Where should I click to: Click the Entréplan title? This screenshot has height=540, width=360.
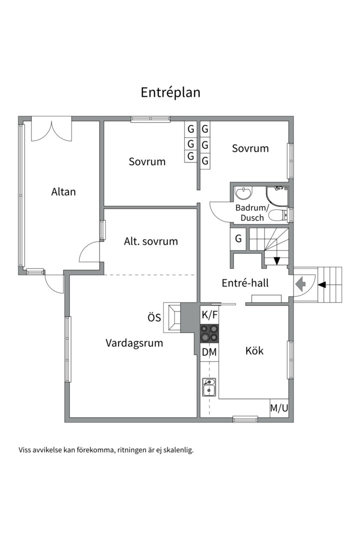click(x=170, y=92)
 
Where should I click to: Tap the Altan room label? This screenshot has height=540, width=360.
click(x=63, y=191)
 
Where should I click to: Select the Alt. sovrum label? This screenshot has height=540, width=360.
click(x=151, y=241)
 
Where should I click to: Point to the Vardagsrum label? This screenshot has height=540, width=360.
click(x=134, y=343)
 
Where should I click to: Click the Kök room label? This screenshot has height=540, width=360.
click(x=254, y=350)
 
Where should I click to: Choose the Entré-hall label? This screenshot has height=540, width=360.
click(x=245, y=282)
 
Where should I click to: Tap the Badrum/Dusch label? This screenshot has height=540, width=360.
click(x=252, y=212)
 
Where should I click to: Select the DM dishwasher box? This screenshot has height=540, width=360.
click(x=209, y=352)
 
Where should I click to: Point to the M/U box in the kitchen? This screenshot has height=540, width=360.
click(x=279, y=408)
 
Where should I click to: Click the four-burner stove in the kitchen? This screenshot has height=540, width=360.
click(x=209, y=333)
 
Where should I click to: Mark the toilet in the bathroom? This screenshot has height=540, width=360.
click(x=278, y=215)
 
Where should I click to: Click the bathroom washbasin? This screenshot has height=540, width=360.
click(x=244, y=192)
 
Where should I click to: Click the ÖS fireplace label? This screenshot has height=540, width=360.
click(x=154, y=317)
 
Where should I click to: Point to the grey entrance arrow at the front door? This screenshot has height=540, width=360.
click(x=300, y=284)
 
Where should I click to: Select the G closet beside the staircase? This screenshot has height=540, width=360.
click(x=238, y=238)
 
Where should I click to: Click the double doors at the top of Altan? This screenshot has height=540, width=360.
click(x=51, y=130)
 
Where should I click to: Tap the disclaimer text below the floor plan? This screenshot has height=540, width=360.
click(x=106, y=450)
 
